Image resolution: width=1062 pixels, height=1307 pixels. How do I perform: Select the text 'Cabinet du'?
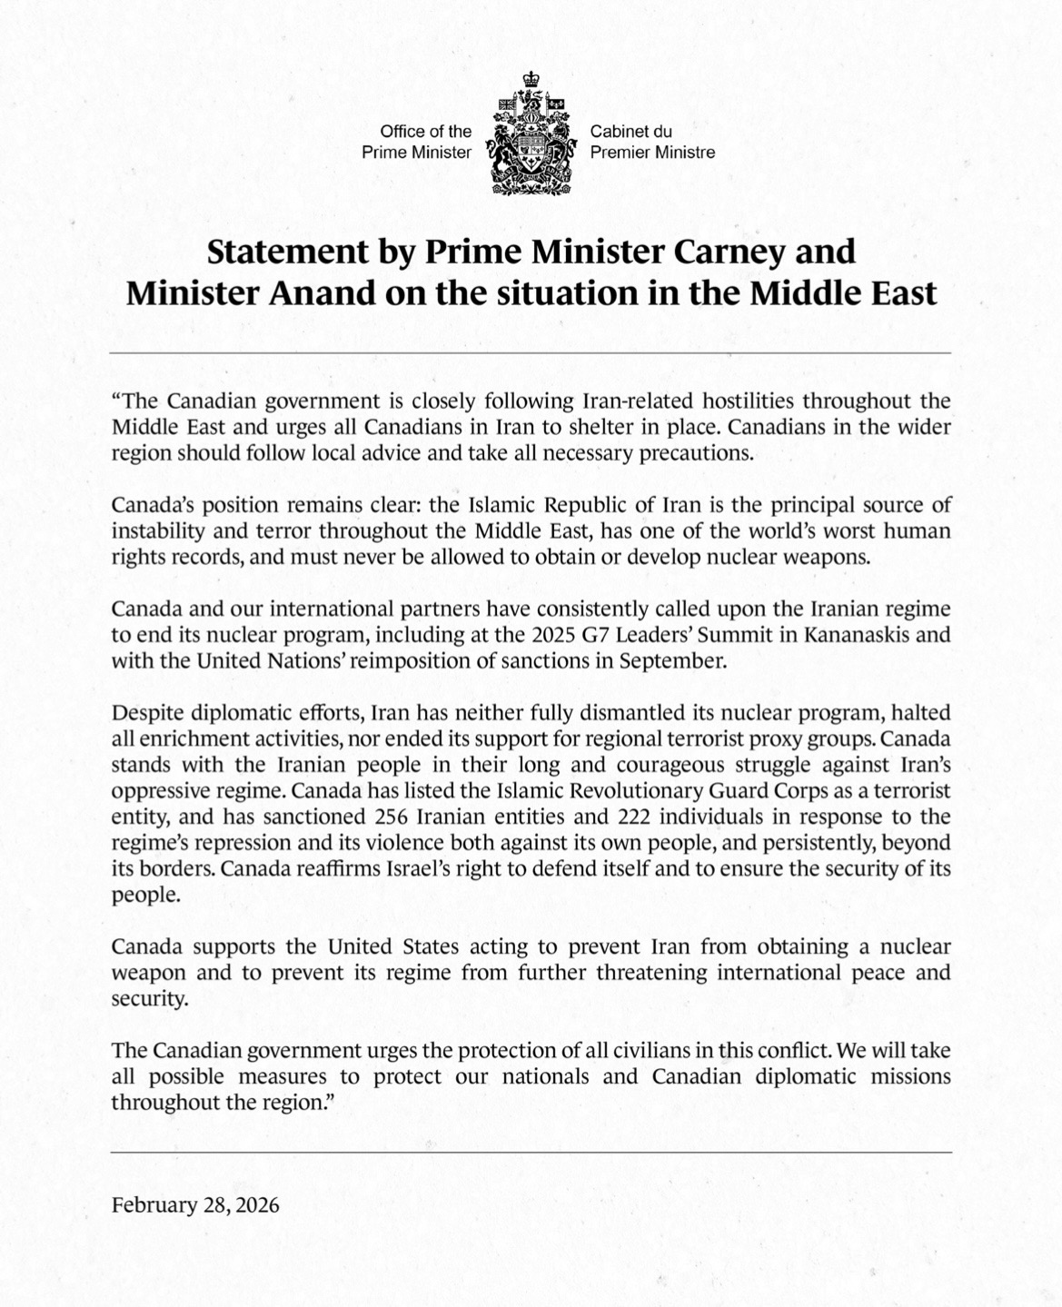(x=630, y=132)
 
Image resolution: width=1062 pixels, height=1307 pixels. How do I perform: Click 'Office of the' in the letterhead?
(x=426, y=132)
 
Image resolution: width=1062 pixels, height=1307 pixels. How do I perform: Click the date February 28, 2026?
(x=195, y=1205)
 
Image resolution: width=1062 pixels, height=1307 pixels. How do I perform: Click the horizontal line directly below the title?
(x=531, y=352)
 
